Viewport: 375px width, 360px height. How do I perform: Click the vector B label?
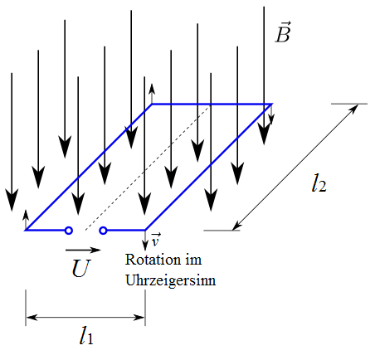coord(283,32)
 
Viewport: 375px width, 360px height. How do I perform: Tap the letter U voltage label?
coord(81,268)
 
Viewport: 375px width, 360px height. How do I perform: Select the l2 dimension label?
coord(319,183)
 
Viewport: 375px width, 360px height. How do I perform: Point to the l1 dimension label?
coord(86,335)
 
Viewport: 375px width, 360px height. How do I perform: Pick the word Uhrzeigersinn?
coord(170,280)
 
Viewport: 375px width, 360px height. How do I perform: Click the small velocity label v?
coord(155,240)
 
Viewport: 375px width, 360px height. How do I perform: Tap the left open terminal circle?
coord(69,231)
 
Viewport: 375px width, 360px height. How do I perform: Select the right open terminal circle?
coord(103,231)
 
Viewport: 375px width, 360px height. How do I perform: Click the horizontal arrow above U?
coord(83,250)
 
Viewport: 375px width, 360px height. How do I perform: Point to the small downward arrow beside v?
coord(145,241)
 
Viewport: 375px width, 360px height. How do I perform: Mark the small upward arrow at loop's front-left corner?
coord(26,220)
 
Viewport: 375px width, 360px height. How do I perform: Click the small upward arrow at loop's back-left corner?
coord(152,94)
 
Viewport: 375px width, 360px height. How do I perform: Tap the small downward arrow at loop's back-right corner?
coord(271,114)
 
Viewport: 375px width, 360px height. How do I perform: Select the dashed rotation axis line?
coord(148,168)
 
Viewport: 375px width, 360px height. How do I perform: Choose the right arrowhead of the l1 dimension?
coord(139,317)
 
